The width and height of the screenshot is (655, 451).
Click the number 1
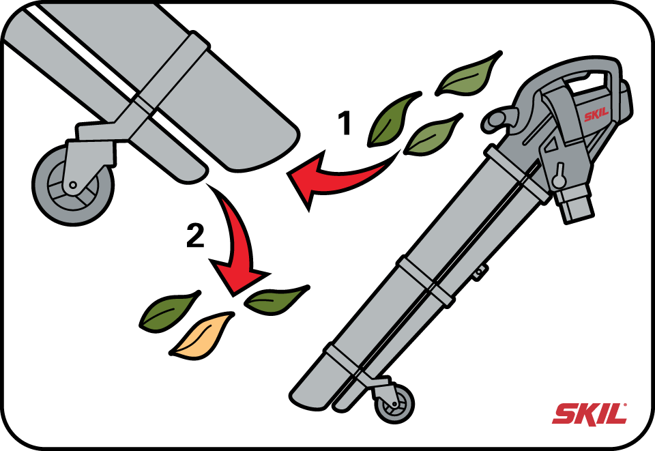(345, 123)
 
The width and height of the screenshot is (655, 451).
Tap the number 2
(196, 235)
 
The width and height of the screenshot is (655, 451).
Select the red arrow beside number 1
(334, 177)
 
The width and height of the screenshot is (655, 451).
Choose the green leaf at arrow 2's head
(276, 299)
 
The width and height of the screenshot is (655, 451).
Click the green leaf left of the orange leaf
(169, 311)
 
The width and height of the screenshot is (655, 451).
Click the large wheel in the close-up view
(73, 185)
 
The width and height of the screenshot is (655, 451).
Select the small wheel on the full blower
(394, 404)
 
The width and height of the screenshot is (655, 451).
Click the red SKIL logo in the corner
(589, 414)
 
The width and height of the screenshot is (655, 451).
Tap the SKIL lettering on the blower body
(596, 115)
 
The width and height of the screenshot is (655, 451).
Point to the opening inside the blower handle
(587, 83)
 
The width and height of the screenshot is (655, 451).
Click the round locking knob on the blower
(559, 178)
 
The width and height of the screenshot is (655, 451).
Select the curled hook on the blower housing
(497, 118)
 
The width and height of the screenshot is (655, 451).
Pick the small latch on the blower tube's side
(480, 272)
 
